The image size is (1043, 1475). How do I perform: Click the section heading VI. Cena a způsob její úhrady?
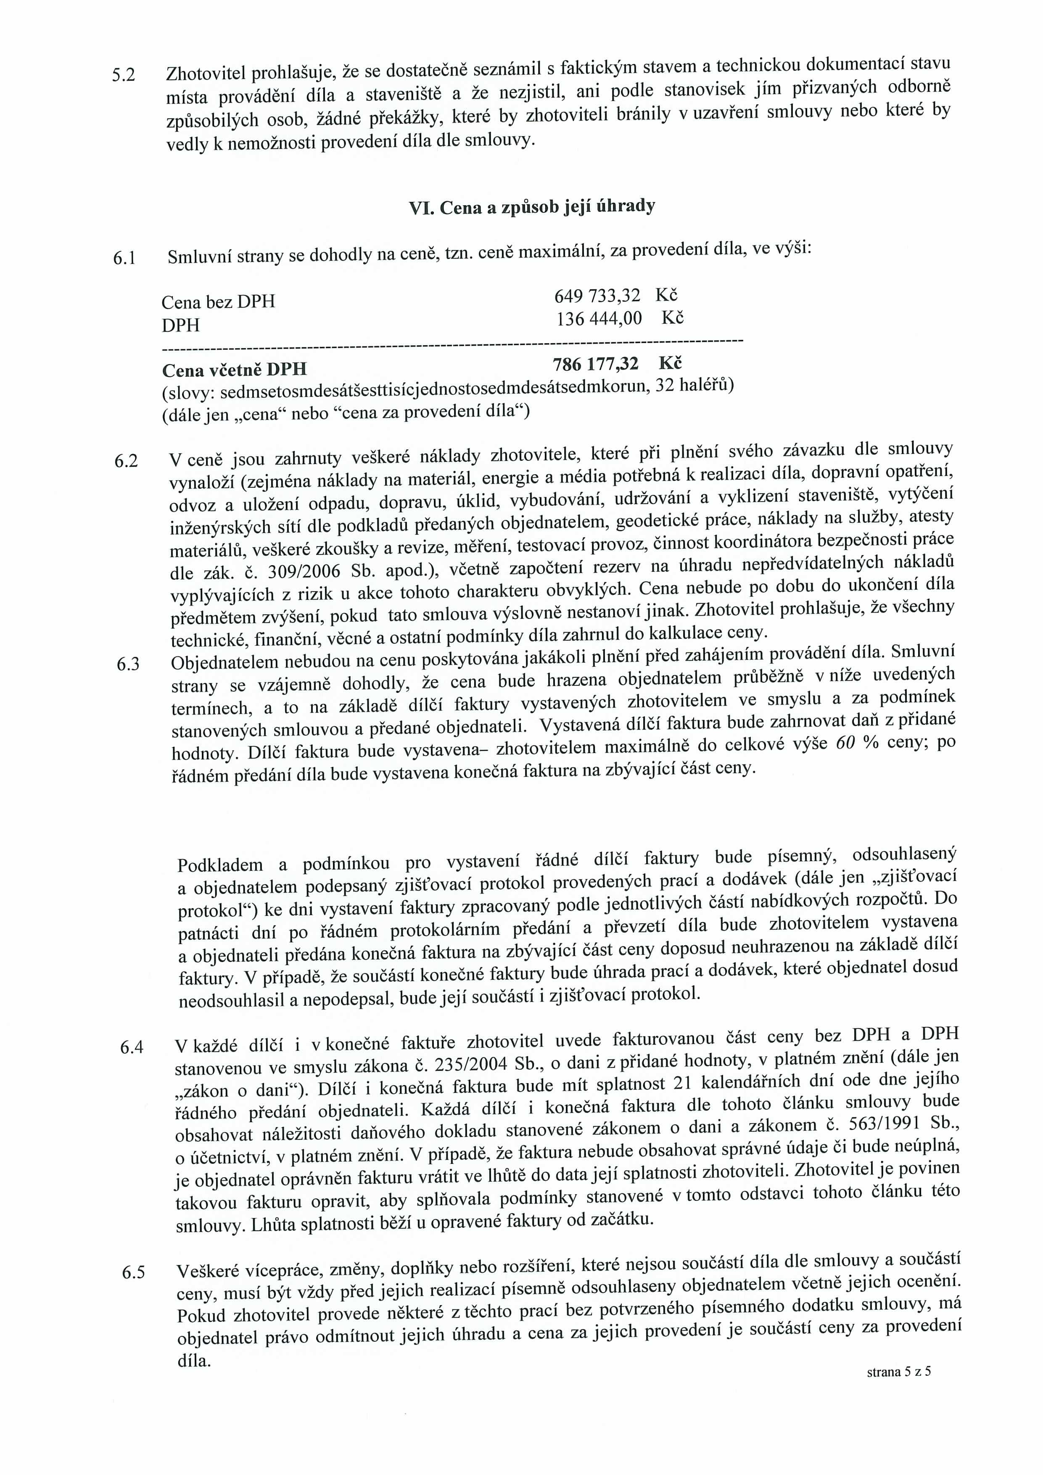tap(532, 207)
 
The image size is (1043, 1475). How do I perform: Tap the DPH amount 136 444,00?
tap(599, 319)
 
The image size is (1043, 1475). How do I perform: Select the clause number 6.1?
tap(124, 258)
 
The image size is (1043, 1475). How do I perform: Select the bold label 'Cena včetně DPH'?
tap(235, 370)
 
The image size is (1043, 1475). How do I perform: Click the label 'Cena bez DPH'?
tap(218, 302)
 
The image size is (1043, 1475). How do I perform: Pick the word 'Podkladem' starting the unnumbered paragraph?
tap(220, 865)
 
